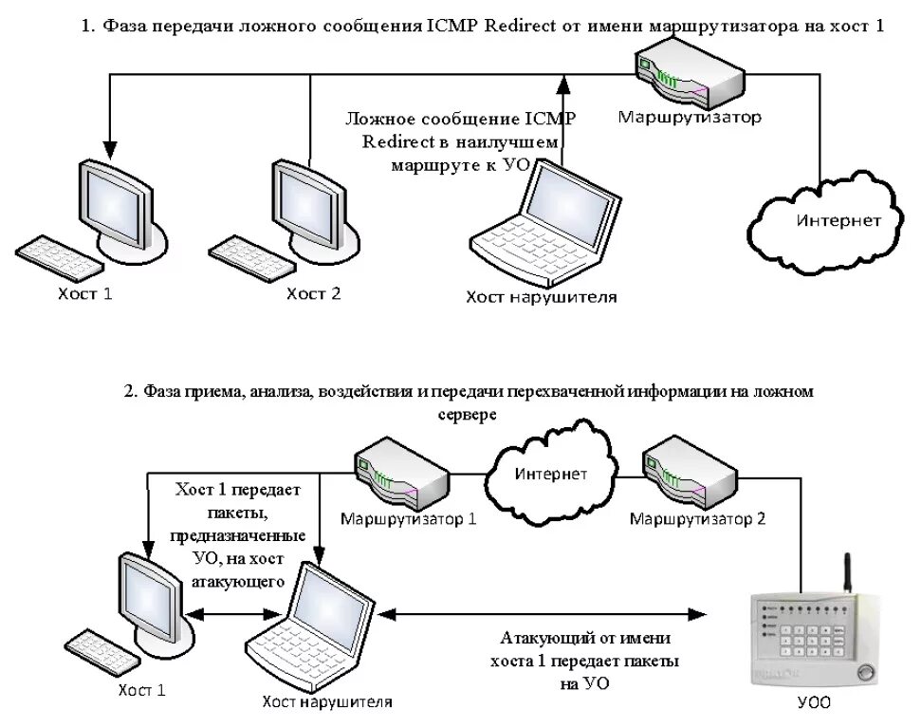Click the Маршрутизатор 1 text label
(x=409, y=519)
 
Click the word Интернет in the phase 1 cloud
(x=838, y=220)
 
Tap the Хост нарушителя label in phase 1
(x=541, y=297)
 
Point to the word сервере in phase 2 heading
(x=469, y=415)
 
